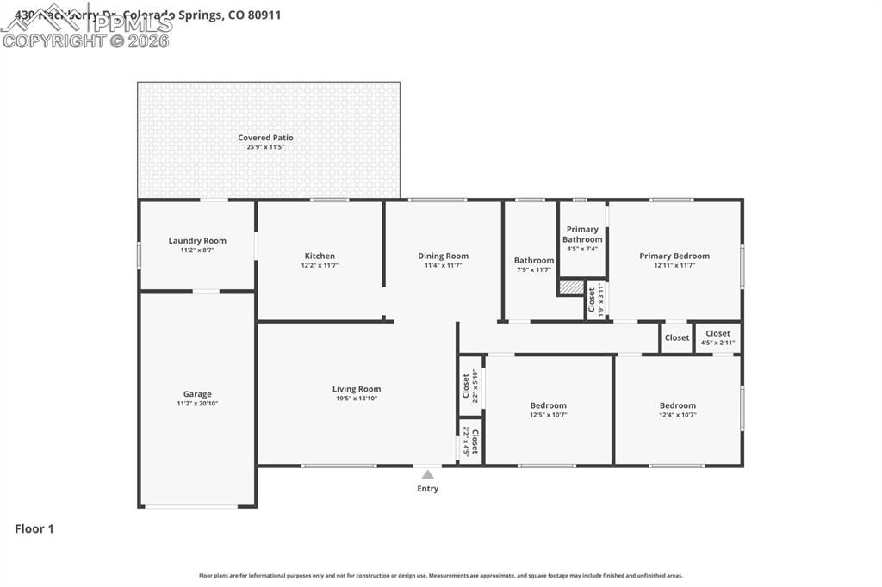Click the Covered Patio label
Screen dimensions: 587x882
click(265, 138)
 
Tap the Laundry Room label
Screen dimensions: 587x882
click(197, 241)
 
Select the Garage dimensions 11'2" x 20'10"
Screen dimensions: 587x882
click(197, 404)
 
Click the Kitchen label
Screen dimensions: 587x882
click(320, 256)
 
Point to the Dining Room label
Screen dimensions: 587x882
click(443, 256)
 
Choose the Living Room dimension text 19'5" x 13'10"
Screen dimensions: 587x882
click(357, 399)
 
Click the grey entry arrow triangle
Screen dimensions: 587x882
click(428, 473)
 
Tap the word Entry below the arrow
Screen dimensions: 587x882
click(428, 489)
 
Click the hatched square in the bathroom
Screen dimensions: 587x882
click(570, 287)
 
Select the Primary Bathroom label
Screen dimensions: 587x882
click(582, 234)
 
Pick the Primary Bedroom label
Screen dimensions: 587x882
click(674, 256)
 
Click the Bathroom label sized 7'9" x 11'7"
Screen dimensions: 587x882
click(534, 261)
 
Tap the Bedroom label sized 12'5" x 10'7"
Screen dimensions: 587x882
click(548, 405)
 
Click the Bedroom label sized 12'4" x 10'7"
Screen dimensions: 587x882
click(678, 405)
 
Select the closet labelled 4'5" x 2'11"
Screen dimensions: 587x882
click(717, 337)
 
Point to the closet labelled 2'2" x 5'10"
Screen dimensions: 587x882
click(470, 387)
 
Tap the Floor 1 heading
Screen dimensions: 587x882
click(34, 529)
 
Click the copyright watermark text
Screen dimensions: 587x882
click(85, 40)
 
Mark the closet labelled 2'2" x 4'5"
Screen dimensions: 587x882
click(470, 441)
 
